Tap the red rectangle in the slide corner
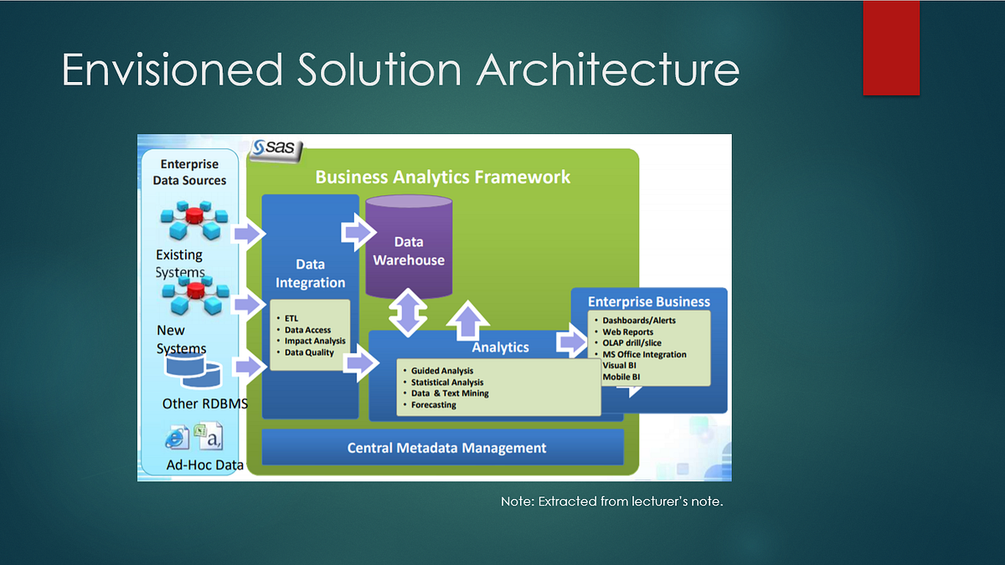891,48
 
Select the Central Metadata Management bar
443,448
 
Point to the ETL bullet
291,318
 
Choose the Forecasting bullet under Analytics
433,405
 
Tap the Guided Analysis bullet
441,370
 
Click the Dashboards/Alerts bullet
638,320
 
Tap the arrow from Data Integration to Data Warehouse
356,231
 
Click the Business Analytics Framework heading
442,177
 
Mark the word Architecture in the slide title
608,70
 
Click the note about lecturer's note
611,501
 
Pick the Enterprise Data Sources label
189,172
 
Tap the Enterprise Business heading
648,301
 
